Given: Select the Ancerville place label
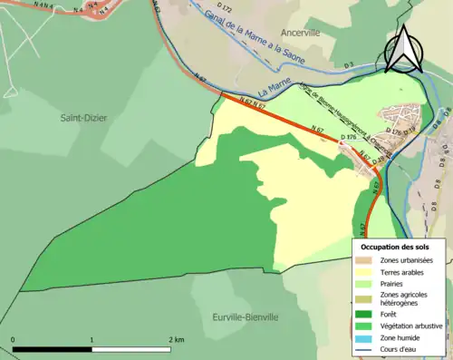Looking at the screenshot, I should pos(302,32).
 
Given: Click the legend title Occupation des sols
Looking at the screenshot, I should pos(395,247).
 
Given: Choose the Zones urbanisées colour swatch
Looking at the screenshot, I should pos(366,261).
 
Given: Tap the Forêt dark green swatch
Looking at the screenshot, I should pos(366,316).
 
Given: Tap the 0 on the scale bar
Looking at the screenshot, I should pos(13,339).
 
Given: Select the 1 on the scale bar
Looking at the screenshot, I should pos(92,339).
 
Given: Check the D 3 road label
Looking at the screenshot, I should pos(349,64).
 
